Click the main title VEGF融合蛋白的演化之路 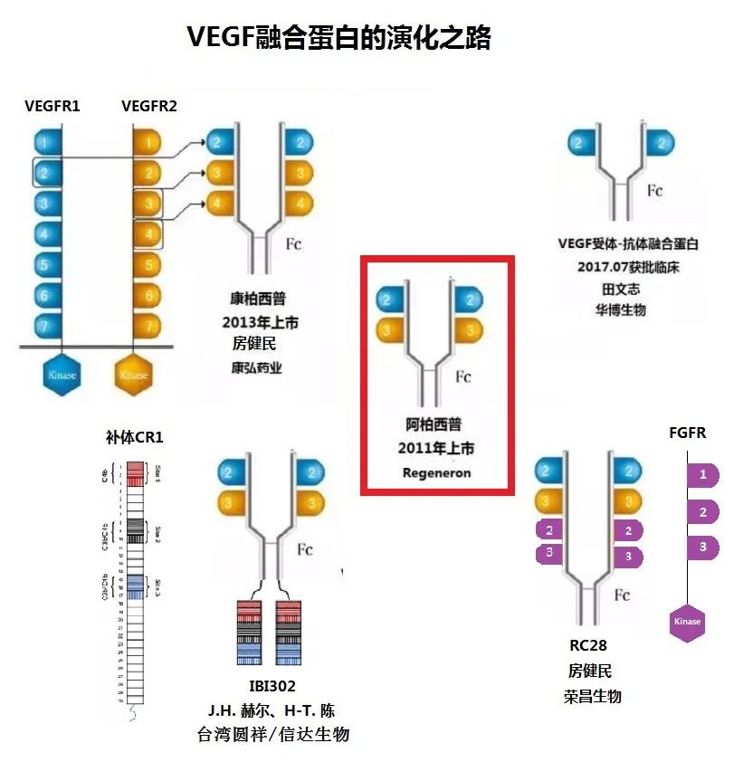[338, 37]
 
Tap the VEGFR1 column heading [52, 106]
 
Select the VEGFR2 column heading [149, 106]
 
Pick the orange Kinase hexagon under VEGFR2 [134, 374]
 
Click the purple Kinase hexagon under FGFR [687, 623]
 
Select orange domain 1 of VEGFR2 [148, 141]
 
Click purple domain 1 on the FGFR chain [702, 474]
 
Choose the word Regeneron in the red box [437, 472]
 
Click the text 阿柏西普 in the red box [436, 424]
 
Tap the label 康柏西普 [259, 299]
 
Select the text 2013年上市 [260, 322]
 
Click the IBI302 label [272, 686]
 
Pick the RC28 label [587, 645]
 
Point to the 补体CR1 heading [134, 438]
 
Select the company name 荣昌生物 [592, 696]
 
